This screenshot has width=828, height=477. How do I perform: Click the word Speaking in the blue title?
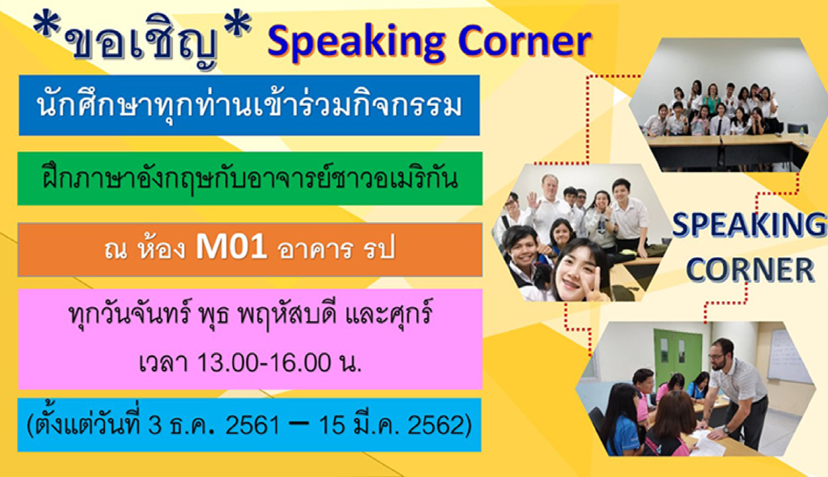pyautogui.click(x=356, y=44)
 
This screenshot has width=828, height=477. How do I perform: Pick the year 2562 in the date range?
pyautogui.click(x=434, y=425)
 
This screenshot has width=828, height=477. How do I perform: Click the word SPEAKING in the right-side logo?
pyautogui.click(x=748, y=225)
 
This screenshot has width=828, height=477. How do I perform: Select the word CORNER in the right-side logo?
pyautogui.click(x=750, y=270)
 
